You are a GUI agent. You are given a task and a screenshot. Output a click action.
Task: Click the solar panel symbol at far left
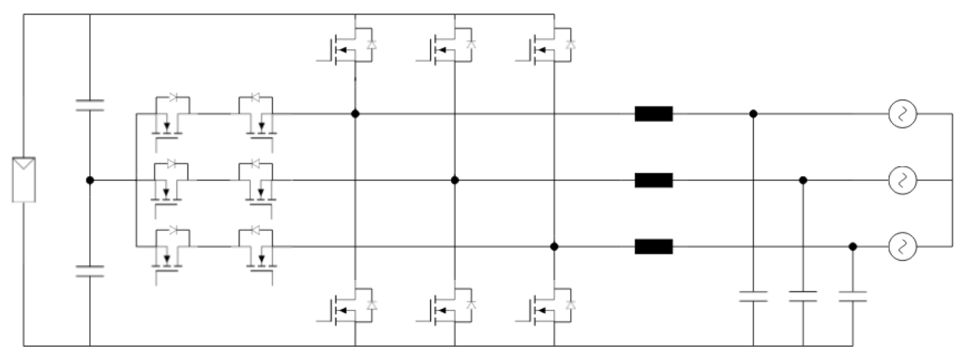pos(24,179)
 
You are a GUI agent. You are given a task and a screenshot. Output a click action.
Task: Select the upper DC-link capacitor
pos(90,105)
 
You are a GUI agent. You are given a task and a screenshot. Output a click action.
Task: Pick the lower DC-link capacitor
pos(90,271)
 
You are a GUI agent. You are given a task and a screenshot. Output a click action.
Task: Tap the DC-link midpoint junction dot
pos(90,180)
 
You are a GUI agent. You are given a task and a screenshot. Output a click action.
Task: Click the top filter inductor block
pos(654,114)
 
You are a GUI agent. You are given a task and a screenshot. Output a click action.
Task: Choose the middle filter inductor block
pos(654,180)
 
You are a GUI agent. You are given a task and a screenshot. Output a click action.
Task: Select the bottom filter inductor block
pos(654,246)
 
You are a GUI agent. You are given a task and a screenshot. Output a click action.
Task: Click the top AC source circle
pos(902,114)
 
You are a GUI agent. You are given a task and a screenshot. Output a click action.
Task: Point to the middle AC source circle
pos(902,180)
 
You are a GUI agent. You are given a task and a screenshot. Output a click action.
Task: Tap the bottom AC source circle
pos(902,246)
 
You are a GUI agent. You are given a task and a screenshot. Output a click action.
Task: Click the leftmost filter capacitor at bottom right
pos(753,296)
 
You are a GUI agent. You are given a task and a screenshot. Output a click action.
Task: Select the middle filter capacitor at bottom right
pos(803,296)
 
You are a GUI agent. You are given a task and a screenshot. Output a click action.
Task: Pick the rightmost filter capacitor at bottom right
pos(852,296)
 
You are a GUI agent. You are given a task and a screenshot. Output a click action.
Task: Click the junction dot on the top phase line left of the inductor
pos(355,114)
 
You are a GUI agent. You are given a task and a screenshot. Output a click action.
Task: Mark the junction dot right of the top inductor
pos(753,114)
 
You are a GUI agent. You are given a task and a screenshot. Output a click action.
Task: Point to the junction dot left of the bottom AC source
pos(852,246)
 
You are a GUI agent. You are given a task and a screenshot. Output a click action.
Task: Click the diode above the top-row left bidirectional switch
pos(173,97)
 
